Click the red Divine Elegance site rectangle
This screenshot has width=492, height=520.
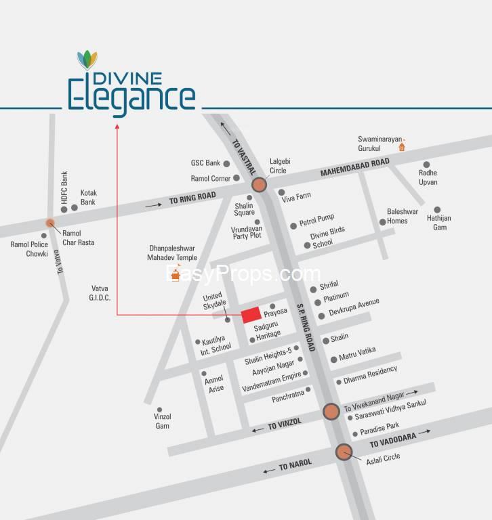[251, 315]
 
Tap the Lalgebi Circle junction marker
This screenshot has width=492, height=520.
[259, 185]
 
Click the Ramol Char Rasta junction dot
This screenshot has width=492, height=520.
[49, 223]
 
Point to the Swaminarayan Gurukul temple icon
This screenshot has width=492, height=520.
[401, 146]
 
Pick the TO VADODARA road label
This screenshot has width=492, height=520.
[393, 441]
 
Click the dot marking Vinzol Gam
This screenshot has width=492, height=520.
[159, 410]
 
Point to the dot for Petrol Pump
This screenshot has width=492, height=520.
[293, 225]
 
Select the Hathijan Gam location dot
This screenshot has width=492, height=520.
[437, 210]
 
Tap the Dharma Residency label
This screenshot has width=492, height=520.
[371, 374]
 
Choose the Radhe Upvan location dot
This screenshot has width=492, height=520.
[426, 165]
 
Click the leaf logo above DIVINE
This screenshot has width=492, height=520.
[87, 60]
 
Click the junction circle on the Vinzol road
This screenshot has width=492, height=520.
[331, 411]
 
